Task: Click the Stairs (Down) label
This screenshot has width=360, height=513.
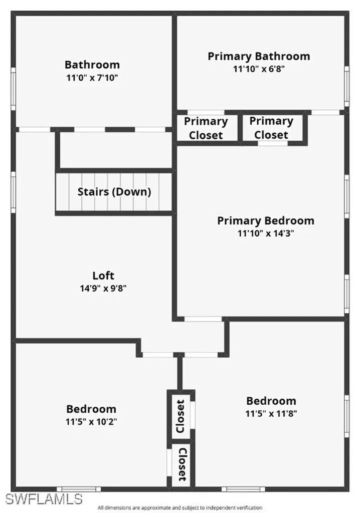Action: (114, 191)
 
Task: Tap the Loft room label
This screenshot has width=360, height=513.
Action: (103, 275)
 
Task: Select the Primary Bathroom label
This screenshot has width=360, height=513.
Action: (259, 56)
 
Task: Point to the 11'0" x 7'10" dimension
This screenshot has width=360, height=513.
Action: (92, 78)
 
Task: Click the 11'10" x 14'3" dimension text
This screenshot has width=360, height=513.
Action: (266, 233)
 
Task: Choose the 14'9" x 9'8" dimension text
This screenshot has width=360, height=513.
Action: (103, 288)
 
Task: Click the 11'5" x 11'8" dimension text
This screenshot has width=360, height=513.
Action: (271, 414)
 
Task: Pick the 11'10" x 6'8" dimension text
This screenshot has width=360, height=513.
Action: (259, 69)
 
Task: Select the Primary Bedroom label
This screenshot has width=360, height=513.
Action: (266, 220)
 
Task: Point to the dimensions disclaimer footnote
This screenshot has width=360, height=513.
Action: (179, 507)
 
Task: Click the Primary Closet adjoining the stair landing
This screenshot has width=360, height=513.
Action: (206, 128)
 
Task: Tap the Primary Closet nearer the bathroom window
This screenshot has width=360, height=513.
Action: (271, 128)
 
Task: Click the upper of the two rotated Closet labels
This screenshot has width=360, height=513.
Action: (181, 416)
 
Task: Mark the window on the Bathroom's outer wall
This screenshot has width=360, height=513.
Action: (14, 89)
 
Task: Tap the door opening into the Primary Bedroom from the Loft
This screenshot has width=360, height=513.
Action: (203, 319)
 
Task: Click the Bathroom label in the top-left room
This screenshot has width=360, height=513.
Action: (92, 65)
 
